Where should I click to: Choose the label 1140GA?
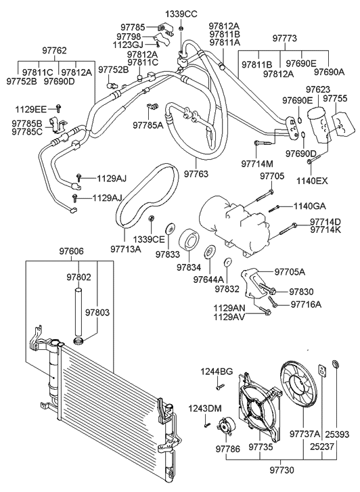coord(309,206)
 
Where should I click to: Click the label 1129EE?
coord(32,108)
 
